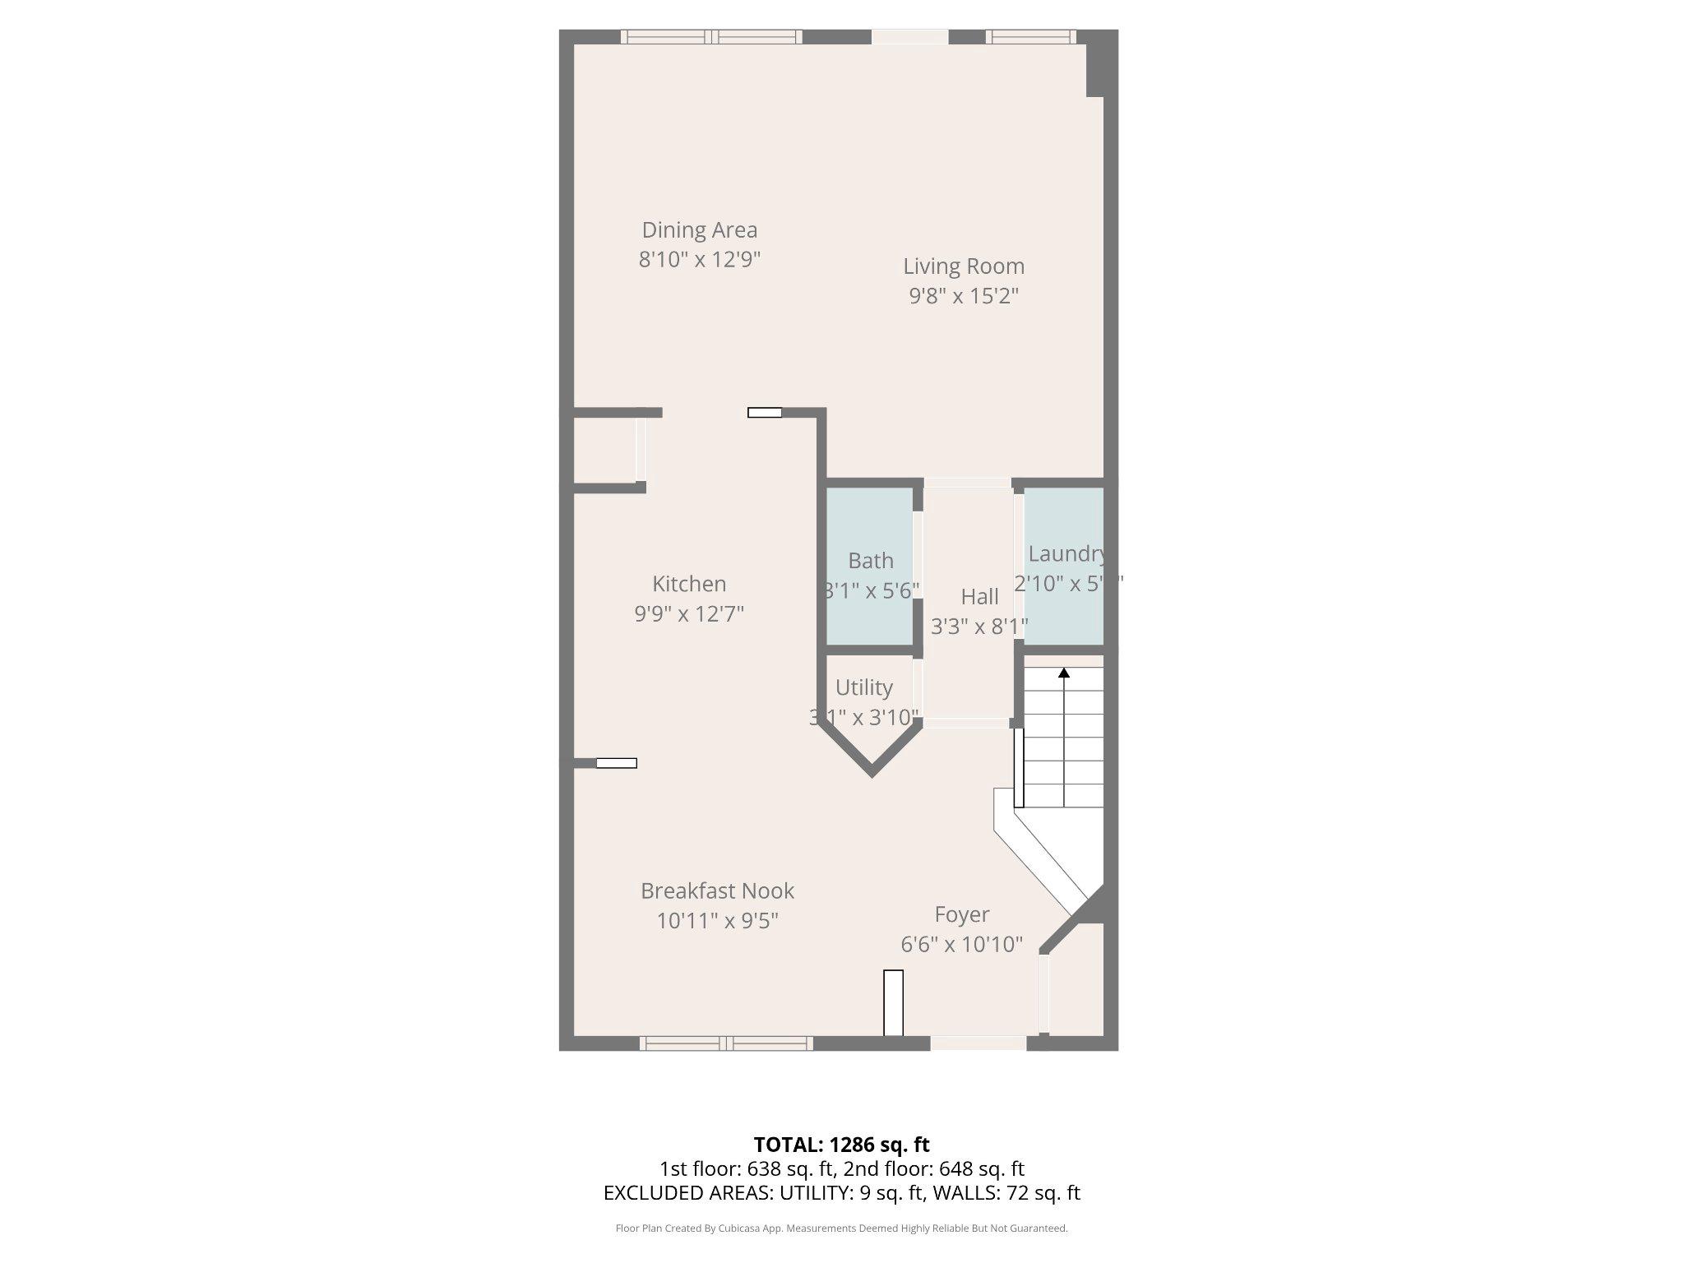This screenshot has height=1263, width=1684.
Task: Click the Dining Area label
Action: pyautogui.click(x=699, y=230)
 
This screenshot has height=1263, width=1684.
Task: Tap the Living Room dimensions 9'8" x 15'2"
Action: pyautogui.click(x=964, y=296)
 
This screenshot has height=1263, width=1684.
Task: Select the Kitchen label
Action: pyautogui.click(x=689, y=584)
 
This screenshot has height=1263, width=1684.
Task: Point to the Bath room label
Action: pyautogui.click(x=871, y=561)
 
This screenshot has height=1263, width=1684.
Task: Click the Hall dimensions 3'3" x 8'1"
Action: pyautogui.click(x=979, y=627)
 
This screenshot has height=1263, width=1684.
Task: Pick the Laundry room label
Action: pyautogui.click(x=1066, y=554)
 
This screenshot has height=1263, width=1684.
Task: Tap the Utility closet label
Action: pyautogui.click(x=863, y=687)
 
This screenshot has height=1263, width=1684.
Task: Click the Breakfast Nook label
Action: pyautogui.click(x=717, y=891)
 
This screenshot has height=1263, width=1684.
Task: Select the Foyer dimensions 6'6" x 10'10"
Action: pyautogui.click(x=961, y=944)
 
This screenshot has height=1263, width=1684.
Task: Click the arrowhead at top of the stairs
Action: pyautogui.click(x=1064, y=673)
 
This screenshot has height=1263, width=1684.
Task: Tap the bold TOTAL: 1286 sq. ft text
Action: pyautogui.click(x=841, y=1145)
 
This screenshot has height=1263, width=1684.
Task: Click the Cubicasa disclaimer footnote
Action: pyautogui.click(x=841, y=1228)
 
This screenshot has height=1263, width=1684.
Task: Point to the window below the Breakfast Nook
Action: pyautogui.click(x=726, y=1043)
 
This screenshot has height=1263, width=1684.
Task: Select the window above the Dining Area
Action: pyautogui.click(x=710, y=36)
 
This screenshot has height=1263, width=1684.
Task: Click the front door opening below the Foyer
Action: pyautogui.click(x=978, y=1043)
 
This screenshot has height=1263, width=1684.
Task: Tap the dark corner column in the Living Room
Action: pyautogui.click(x=1095, y=70)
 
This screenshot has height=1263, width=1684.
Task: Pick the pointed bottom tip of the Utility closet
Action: pyautogui.click(x=872, y=772)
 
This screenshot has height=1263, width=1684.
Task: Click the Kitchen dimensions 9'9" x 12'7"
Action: pyautogui.click(x=689, y=614)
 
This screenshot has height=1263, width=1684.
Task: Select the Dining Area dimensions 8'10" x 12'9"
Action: pyautogui.click(x=699, y=260)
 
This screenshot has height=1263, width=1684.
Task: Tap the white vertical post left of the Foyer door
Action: pyautogui.click(x=893, y=1002)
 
